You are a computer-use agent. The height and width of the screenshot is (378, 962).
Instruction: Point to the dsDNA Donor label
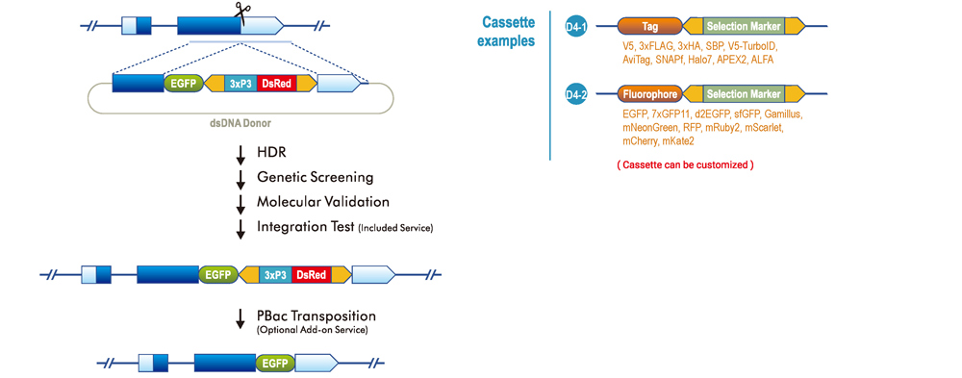[240, 124]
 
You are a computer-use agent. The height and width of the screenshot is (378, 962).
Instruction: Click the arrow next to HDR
[240, 154]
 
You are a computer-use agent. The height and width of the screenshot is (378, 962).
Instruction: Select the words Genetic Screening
[314, 177]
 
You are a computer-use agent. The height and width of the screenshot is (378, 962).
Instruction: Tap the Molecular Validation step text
[322, 201]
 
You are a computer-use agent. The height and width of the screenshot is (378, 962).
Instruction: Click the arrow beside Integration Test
[240, 227]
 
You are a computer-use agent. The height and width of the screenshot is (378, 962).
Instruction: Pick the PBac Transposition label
[316, 315]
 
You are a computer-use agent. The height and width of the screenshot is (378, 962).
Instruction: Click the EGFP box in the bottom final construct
[276, 363]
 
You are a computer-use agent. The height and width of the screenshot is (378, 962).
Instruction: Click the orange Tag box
[650, 26]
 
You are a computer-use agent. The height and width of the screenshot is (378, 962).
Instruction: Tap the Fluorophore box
[650, 94]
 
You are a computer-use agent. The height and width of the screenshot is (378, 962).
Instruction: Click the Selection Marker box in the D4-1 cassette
[743, 26]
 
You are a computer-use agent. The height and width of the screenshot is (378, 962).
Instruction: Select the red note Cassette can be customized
[685, 164]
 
